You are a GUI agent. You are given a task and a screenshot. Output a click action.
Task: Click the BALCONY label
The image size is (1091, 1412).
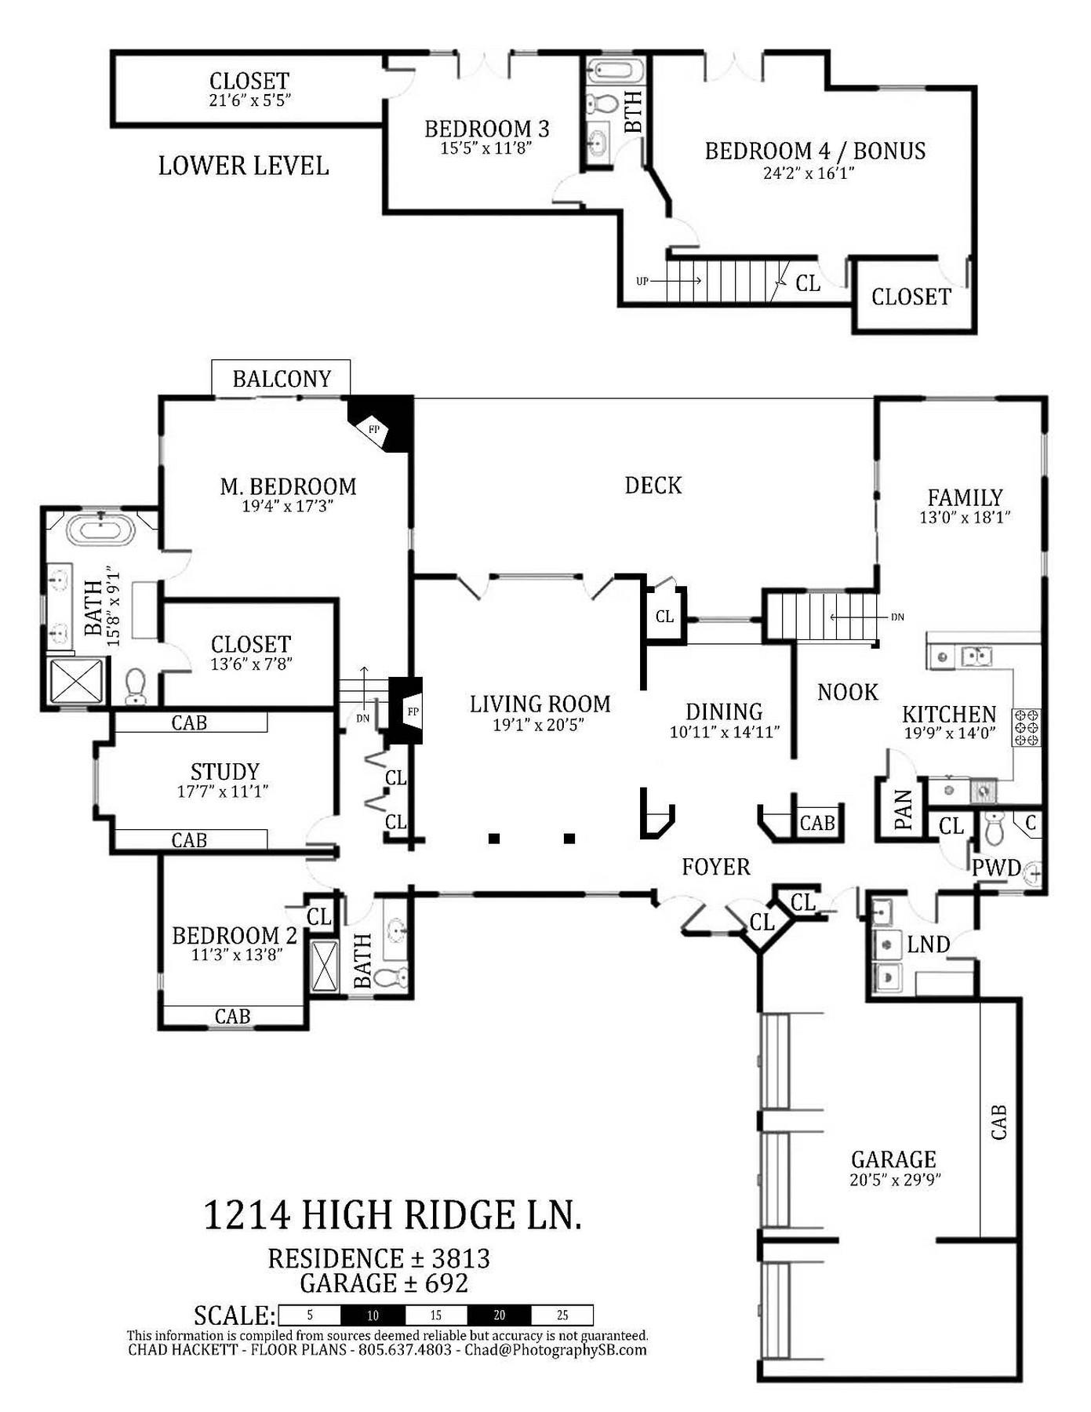(282, 379)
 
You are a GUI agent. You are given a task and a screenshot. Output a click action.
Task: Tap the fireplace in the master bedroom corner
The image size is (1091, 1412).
(380, 424)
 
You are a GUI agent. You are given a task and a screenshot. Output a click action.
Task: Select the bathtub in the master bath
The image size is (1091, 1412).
(101, 529)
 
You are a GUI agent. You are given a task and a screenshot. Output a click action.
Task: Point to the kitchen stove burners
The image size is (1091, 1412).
(1027, 727)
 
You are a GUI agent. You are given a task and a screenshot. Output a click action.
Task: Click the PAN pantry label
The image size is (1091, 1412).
(903, 810)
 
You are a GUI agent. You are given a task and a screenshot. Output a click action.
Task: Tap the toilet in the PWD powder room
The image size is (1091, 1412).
(993, 828)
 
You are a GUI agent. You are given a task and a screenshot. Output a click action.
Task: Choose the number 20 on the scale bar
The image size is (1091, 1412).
(499, 1316)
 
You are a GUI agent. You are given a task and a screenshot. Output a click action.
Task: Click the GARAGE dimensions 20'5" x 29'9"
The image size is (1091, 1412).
(895, 1179)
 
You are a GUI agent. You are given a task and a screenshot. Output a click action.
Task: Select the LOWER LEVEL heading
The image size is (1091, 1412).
(243, 166)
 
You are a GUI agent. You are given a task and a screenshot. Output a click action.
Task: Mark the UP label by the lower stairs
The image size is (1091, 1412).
(642, 281)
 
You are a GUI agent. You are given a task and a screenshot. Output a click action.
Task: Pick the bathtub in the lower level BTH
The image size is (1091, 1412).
(616, 70)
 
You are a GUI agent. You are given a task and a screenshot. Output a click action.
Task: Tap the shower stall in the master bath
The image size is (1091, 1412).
(76, 681)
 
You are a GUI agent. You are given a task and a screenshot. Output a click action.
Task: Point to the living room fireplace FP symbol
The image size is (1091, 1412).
(413, 711)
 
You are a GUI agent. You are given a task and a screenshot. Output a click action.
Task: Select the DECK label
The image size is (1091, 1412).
(653, 486)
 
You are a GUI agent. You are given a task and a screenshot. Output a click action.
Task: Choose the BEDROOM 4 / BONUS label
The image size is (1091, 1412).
(815, 151)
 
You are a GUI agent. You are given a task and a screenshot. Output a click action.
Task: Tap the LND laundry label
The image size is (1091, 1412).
(929, 944)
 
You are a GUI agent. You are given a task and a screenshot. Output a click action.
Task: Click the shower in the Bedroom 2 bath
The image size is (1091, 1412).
(324, 965)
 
